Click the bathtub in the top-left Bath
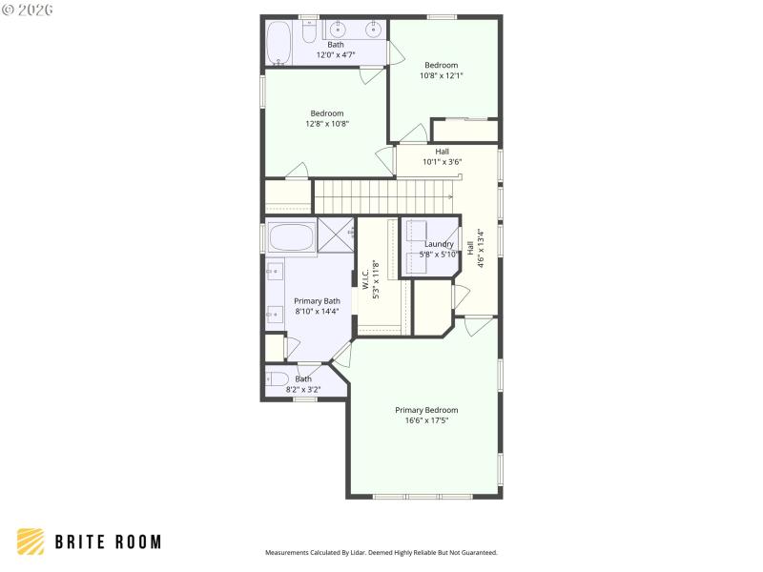(278, 43)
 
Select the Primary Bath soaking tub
(290, 237)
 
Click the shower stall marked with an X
(335, 235)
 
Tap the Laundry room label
(440, 244)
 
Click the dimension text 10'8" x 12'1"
(442, 75)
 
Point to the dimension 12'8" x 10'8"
(327, 123)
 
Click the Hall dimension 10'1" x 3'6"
(443, 161)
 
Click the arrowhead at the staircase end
(461, 201)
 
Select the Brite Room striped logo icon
(31, 541)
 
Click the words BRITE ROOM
(107, 541)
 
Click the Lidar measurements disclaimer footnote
(381, 552)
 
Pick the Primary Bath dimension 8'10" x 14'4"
(317, 311)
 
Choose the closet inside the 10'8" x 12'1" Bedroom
(464, 131)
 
